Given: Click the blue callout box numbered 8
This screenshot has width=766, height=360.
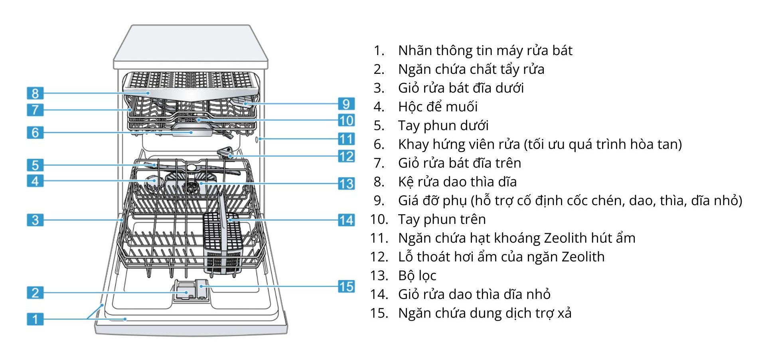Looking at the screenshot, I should coord(35,93).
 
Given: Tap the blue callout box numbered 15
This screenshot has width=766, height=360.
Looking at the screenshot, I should coord(346,286).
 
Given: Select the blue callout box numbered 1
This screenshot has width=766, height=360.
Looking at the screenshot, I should coord(35,319).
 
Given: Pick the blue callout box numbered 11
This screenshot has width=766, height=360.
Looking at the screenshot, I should coord(346,139).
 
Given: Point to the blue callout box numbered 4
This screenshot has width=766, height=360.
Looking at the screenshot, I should coord(35,181).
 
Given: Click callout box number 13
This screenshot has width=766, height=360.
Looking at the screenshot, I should coord(346,184).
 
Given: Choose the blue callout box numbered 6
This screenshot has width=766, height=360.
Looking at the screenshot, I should coord(35,132).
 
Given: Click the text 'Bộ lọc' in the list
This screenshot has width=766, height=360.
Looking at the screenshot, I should coord(417,275).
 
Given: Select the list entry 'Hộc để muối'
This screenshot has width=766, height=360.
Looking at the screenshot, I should coord(438,107).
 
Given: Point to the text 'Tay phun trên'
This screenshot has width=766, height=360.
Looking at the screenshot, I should coord(442,219).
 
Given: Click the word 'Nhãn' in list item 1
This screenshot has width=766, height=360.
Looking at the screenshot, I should coord(415,50).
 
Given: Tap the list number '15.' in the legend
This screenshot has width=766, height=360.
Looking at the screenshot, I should coord(379,313).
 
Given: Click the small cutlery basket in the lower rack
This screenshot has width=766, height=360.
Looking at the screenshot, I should coord(222,243).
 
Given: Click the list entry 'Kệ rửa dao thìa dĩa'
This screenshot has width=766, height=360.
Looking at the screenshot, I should coord(457,182).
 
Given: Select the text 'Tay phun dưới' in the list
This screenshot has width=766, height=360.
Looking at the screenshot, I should coord(443,125).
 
